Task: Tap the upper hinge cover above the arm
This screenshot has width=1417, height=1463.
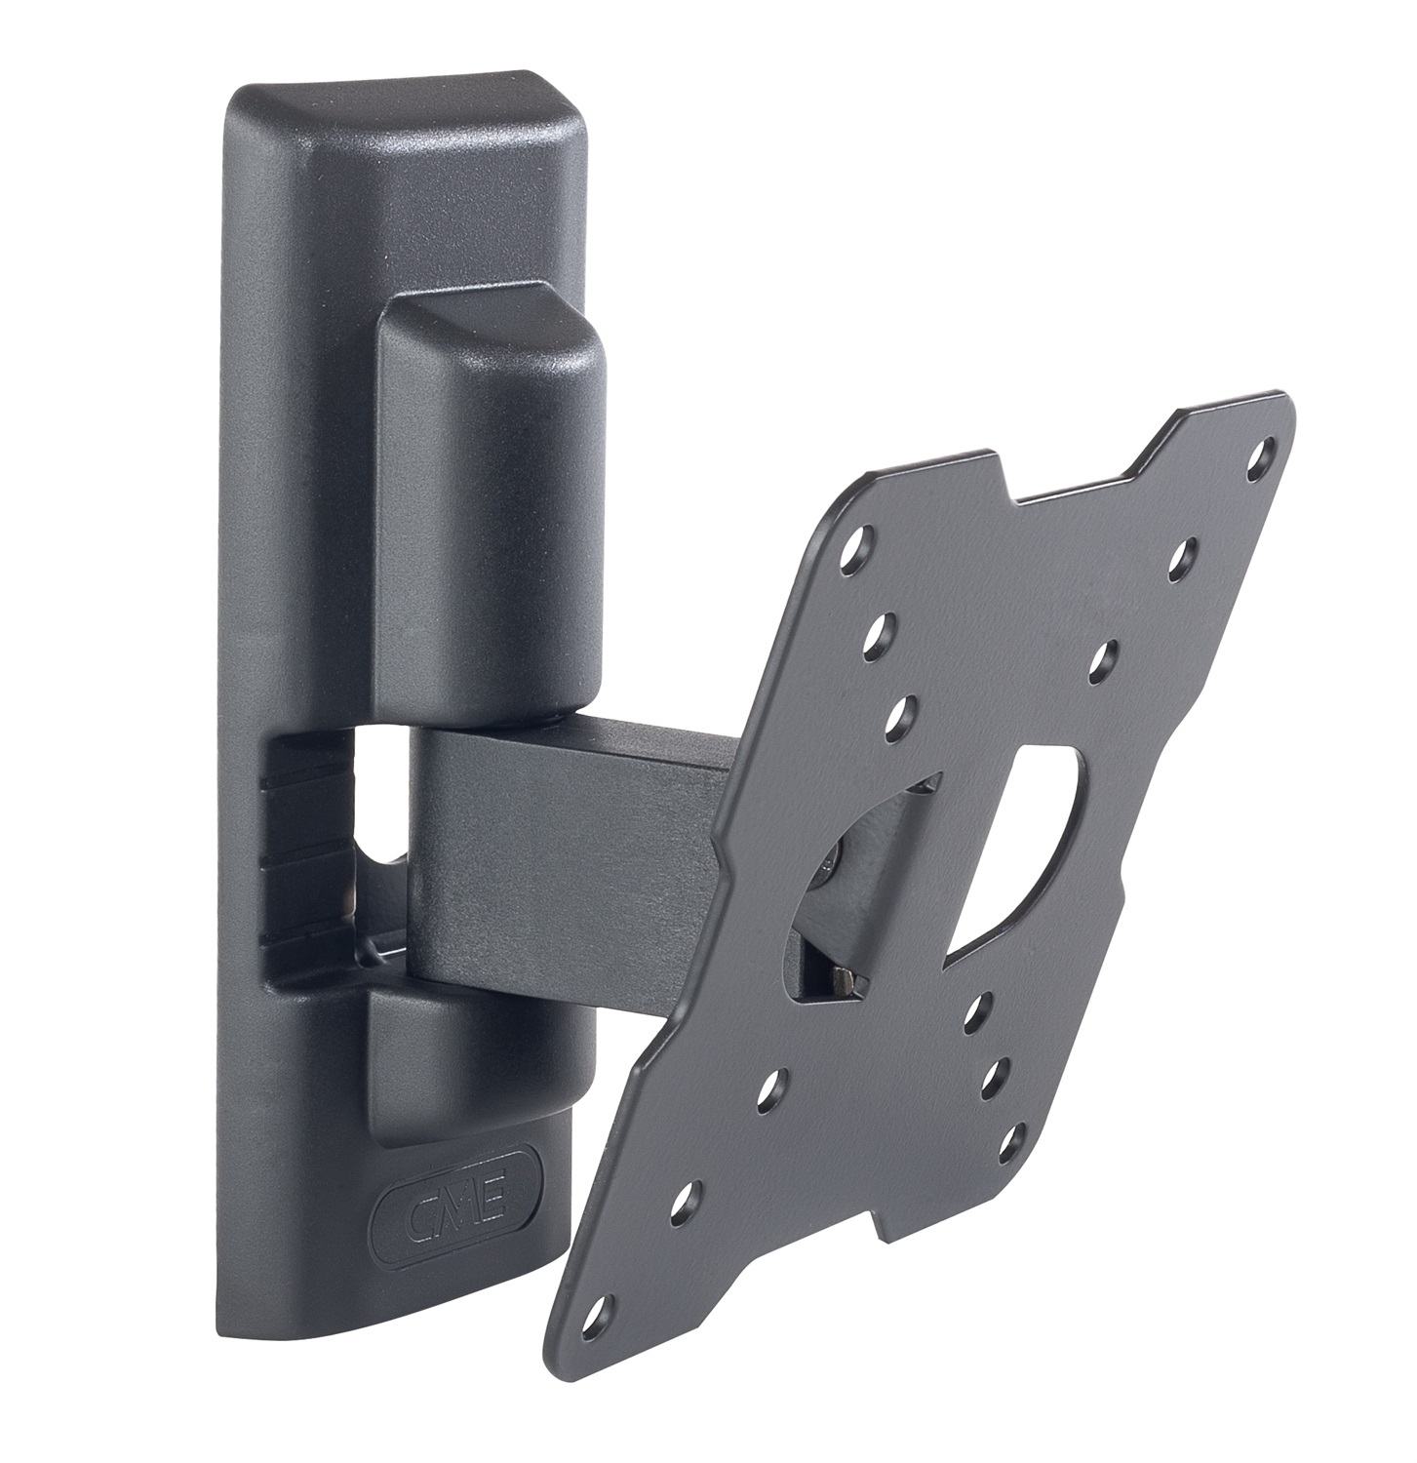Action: tap(488, 517)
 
